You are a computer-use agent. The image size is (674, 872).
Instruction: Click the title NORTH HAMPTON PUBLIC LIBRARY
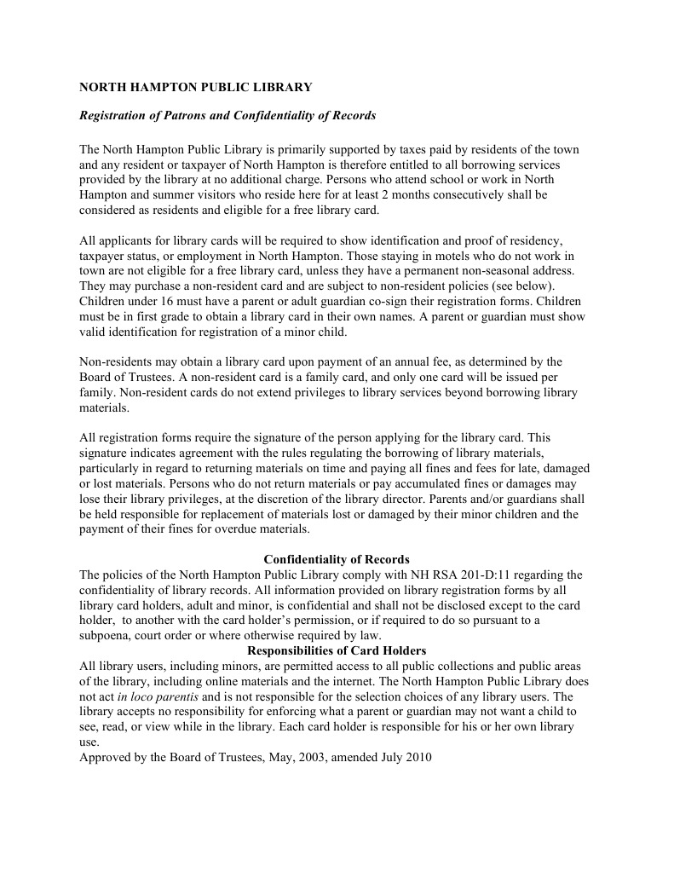196,87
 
